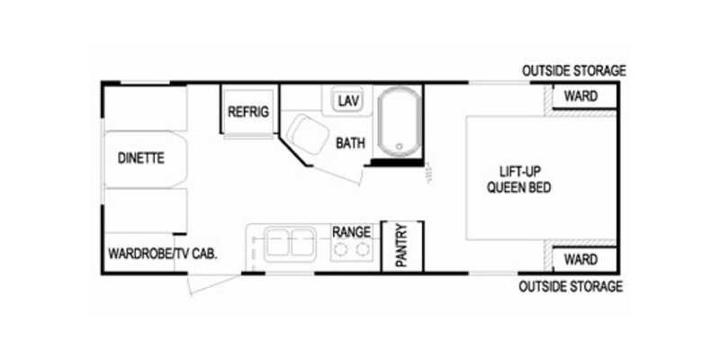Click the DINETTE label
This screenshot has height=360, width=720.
(139, 158)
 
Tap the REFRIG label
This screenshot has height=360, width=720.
(248, 112)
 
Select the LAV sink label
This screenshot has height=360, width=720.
(348, 99)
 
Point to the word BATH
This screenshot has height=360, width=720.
(350, 142)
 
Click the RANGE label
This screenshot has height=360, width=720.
(351, 231)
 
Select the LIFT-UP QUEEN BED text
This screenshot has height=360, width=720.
(518, 180)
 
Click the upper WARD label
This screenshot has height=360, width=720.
(580, 96)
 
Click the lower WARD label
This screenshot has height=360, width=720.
(580, 260)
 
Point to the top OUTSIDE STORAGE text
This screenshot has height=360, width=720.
(572, 71)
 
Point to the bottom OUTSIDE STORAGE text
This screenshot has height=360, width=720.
(571, 287)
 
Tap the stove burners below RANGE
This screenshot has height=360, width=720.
(351, 252)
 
